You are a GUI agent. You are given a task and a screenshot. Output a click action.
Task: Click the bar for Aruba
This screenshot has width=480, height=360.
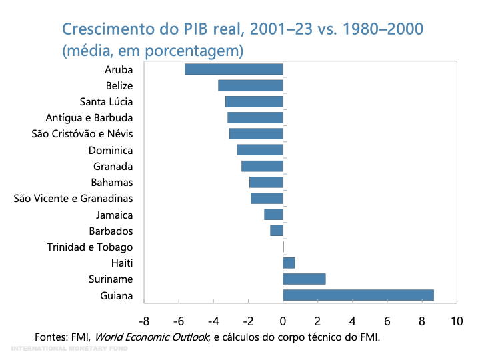tap(233, 69)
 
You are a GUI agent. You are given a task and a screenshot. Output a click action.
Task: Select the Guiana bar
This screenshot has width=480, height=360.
tap(358, 295)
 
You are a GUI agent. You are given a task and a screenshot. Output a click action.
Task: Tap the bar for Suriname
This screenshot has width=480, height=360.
tap(304, 279)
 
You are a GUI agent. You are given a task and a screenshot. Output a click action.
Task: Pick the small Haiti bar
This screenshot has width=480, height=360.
tap(289, 263)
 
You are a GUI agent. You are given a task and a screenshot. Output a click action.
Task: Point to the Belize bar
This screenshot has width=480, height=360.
tap(250, 85)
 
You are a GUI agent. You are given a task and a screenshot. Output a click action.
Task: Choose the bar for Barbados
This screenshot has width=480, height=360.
tap(277, 231)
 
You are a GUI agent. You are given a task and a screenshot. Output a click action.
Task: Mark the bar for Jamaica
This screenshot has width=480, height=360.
tap(273, 215)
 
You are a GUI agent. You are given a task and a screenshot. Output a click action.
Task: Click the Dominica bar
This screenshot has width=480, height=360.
tap(259, 150)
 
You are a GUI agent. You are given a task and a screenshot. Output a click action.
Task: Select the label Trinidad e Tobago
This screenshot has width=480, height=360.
tap(90, 247)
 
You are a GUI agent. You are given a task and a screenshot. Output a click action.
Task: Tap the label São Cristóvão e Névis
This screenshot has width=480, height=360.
tap(83, 134)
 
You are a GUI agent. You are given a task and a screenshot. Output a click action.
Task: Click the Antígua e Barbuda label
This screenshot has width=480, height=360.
tap(89, 118)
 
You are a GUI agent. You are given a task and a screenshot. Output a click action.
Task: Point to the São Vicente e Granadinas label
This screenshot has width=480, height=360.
tap(73, 199)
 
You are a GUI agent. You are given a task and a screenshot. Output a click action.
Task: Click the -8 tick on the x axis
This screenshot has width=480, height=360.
tap(144, 321)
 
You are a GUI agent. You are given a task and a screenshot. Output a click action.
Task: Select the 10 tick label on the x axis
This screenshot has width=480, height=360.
tap(457, 321)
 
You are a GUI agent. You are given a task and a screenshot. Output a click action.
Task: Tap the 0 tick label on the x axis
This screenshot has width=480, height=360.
tap(283, 321)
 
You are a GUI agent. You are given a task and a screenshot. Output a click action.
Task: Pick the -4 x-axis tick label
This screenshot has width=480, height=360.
tap(213, 321)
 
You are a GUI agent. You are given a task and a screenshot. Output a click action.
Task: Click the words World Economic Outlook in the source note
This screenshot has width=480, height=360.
tap(155, 337)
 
